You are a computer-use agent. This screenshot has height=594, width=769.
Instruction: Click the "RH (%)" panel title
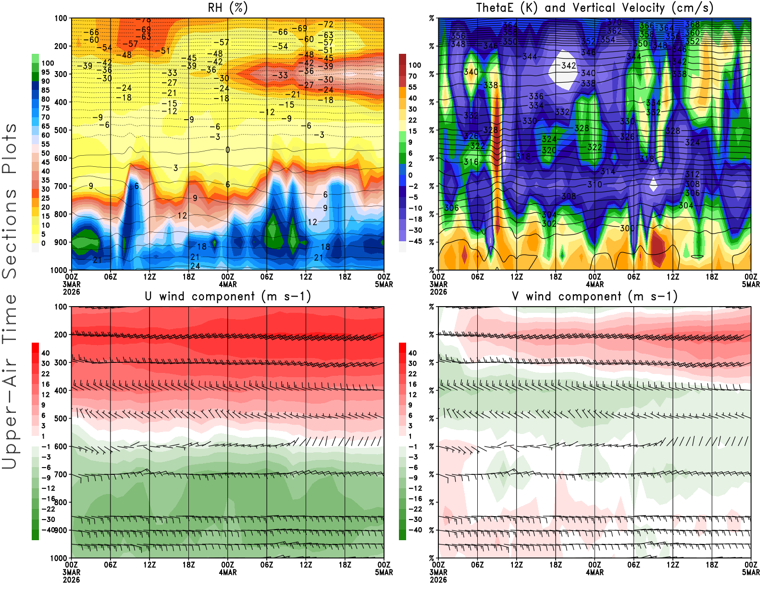[x=227, y=8]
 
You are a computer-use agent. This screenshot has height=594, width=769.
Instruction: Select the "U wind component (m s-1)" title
[x=228, y=297]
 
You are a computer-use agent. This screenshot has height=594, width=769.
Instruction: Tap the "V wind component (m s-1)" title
[x=595, y=297]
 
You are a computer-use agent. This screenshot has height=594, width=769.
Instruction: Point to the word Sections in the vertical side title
[x=10, y=234]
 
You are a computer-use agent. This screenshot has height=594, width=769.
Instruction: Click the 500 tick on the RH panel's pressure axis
[x=61, y=130]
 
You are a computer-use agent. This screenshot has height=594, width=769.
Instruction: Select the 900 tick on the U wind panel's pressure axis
[x=61, y=530]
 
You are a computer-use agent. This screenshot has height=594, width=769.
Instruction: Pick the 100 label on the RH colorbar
[x=48, y=63]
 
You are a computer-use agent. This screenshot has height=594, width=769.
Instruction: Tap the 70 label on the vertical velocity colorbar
[x=412, y=76]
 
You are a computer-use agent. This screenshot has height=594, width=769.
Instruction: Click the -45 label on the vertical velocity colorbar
[x=415, y=241]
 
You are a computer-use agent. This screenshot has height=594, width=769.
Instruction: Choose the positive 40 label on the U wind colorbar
[x=46, y=353]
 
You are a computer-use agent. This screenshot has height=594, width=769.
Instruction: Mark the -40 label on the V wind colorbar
[x=415, y=530]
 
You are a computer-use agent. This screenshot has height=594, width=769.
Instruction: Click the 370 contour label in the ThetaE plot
[x=614, y=22]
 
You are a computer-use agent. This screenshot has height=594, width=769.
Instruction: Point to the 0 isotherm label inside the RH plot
[x=227, y=150]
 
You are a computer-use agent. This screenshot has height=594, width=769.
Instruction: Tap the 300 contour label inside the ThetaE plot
[x=627, y=228]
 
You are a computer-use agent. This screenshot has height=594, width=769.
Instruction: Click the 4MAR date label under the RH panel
[x=228, y=285]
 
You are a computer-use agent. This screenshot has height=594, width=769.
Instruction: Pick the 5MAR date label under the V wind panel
[x=751, y=572]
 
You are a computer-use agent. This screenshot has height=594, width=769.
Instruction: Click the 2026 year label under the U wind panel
[x=72, y=580]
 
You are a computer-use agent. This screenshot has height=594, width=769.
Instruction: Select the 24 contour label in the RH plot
[x=195, y=266]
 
